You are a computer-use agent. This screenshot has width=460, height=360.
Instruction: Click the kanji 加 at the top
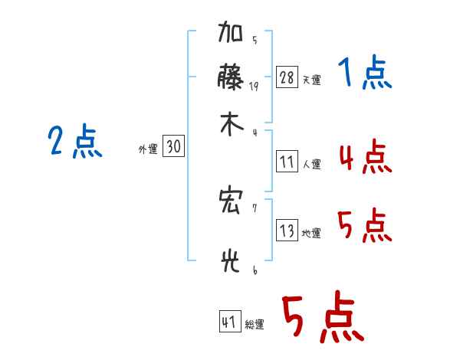coord(230,31)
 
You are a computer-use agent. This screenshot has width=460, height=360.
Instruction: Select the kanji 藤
coord(231,77)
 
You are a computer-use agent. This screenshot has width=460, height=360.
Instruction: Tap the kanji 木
coord(232,124)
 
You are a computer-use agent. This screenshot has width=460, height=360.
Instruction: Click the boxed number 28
coord(287,77)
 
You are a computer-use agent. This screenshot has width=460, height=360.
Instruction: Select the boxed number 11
coord(287,162)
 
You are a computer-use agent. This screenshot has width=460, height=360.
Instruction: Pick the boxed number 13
coord(287,230)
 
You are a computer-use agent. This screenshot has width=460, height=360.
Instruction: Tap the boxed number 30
coord(174,146)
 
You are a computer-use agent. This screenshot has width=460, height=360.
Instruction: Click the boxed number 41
coord(230,321)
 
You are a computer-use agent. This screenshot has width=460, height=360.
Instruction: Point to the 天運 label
coord(312,80)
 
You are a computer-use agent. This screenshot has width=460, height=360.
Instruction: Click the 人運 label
coord(312,164)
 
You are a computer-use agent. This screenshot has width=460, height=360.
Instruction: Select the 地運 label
coord(311,233)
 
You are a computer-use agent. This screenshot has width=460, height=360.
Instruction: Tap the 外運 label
coord(148,149)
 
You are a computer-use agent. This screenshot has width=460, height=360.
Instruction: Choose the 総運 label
coord(255,324)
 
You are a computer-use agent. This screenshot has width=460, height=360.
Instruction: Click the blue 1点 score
coord(365,72)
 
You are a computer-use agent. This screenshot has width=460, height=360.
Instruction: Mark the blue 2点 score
coord(75,141)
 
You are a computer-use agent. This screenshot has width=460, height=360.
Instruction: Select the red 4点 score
coord(366,156)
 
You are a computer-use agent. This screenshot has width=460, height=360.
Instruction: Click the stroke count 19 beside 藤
coord(254,87)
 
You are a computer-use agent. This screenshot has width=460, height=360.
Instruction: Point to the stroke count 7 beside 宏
coord(255,208)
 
